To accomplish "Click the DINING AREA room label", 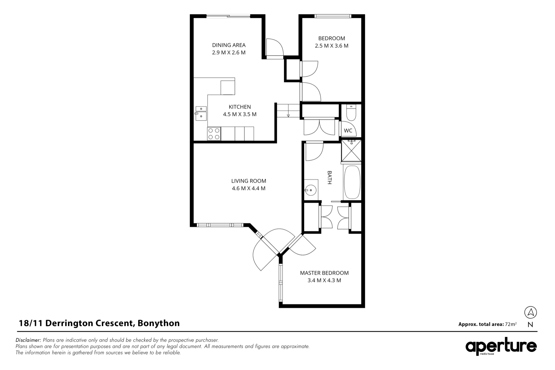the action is (229, 45).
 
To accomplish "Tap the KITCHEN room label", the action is (240, 107).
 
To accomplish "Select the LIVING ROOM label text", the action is (249, 181).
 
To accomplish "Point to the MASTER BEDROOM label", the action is (324, 273).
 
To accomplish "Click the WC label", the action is (348, 130).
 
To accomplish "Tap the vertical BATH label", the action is (330, 178).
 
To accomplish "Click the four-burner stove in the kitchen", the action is (214, 133).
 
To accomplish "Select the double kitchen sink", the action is (201, 113).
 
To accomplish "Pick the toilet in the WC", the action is (351, 113).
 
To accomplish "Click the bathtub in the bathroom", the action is (352, 182).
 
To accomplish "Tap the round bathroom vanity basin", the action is (311, 190).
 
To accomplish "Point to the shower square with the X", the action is (351, 151).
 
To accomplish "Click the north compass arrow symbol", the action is (531, 313).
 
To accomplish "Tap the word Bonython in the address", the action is (159, 323).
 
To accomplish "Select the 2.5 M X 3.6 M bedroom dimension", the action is (332, 46).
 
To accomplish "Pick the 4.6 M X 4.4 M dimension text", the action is (249, 188).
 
